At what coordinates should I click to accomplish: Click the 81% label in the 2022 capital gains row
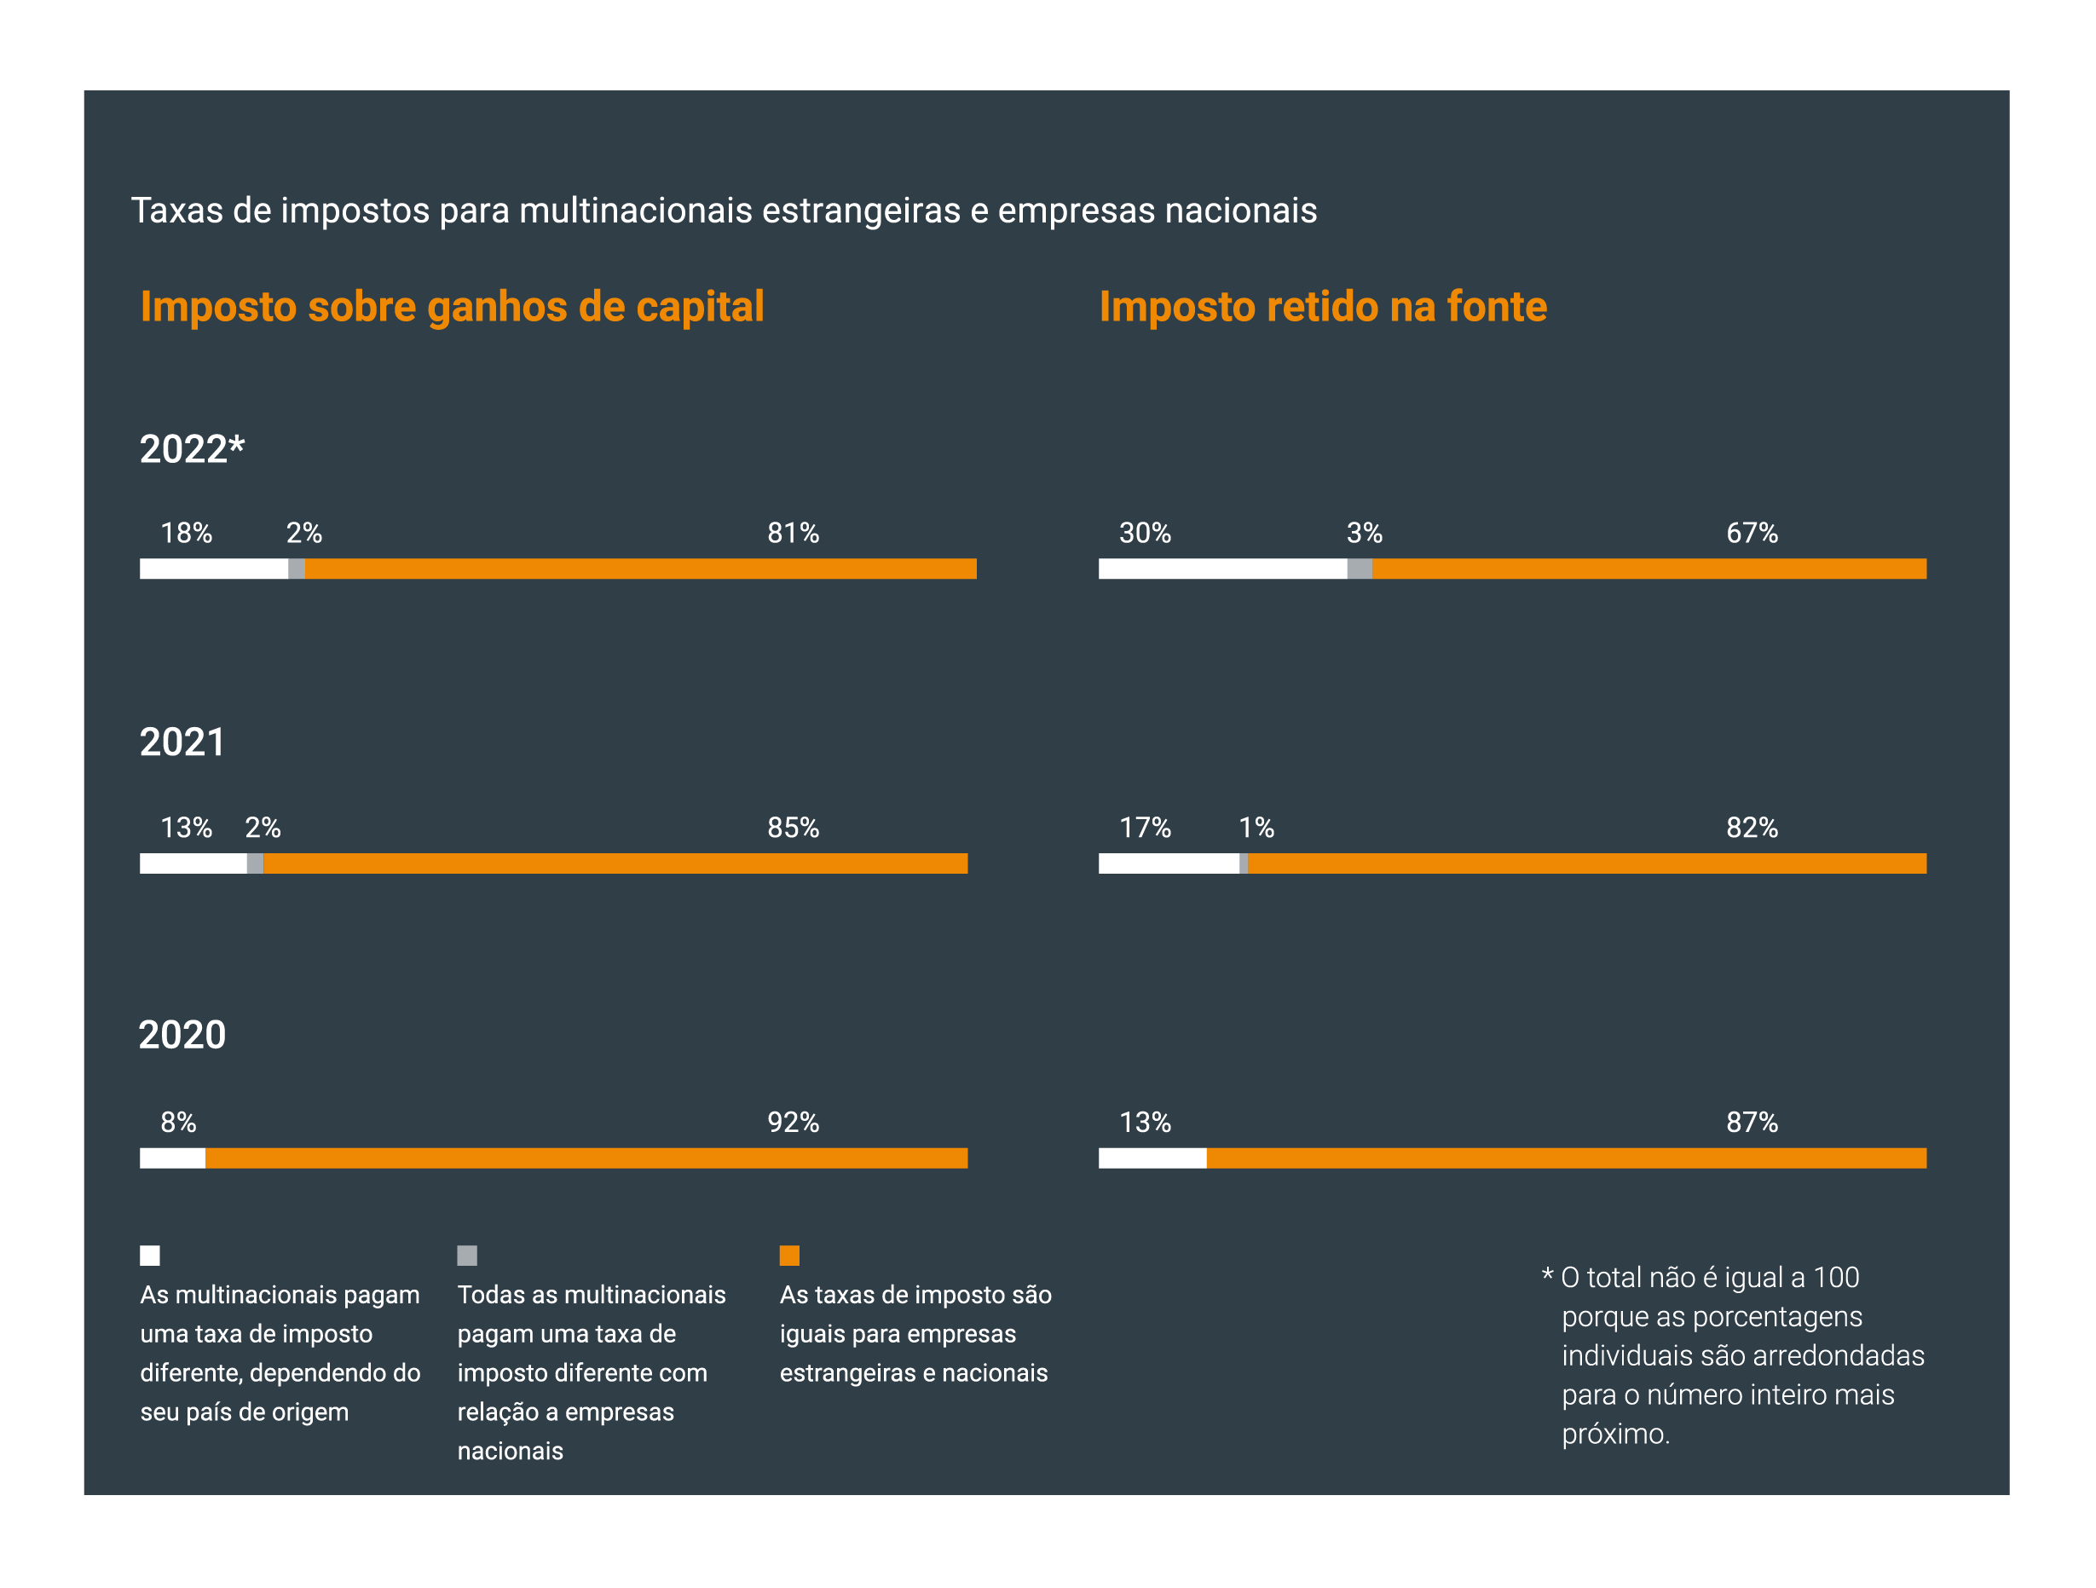click(x=793, y=534)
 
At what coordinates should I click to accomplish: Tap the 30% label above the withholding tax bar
click(x=1145, y=534)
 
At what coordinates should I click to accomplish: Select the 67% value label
click(x=1752, y=534)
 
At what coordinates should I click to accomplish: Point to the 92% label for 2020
click(x=793, y=1123)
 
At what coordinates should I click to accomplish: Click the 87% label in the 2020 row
click(x=1752, y=1123)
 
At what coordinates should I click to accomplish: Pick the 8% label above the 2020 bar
click(x=178, y=1123)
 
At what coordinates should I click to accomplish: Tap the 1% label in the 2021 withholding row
click(x=1256, y=829)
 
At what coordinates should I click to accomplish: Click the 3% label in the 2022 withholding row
click(x=1365, y=534)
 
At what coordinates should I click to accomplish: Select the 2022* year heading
click(x=193, y=449)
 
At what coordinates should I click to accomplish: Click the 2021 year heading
click(x=182, y=742)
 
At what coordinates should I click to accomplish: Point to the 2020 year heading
click(x=182, y=1036)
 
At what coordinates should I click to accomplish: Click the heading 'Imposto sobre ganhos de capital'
click(x=452, y=307)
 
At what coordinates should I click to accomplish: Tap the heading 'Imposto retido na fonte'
click(x=1323, y=307)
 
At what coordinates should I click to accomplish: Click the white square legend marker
click(x=150, y=1256)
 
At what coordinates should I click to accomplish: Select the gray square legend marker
click(x=467, y=1256)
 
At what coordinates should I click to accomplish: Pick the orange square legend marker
click(x=789, y=1256)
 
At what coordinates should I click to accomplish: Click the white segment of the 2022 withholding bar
click(x=1222, y=569)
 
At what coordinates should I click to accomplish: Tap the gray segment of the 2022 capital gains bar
click(x=297, y=569)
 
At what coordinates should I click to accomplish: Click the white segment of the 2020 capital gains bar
click(x=172, y=1158)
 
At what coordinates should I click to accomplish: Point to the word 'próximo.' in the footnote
click(x=1615, y=1435)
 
